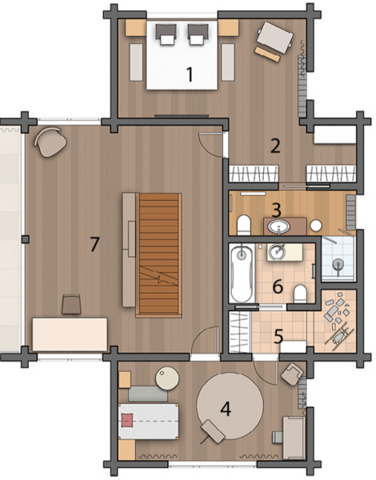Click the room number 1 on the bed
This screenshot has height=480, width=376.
pos(190,74)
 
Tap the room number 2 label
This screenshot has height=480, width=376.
pos(275,146)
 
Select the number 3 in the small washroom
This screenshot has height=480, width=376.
pos(276,210)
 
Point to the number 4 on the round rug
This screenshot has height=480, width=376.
pos(226,409)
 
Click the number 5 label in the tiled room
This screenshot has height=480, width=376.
pos(278,336)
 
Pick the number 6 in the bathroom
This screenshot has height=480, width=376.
pos(278,286)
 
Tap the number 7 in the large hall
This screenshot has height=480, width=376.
pos(94,244)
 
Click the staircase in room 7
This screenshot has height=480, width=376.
pos(158,255)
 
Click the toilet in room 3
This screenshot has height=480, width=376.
pos(244,225)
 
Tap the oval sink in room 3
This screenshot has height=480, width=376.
pos(279,227)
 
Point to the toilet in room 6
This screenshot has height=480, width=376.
pos(300,294)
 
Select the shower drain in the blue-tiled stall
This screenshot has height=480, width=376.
pos(338,263)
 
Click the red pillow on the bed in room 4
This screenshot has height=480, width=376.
pos(128,420)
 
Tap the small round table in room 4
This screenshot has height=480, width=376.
pos(167,378)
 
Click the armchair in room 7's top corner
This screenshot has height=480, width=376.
pos(50,142)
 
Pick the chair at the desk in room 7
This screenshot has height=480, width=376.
pos(71,304)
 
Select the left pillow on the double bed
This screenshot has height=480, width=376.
pos(166,34)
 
